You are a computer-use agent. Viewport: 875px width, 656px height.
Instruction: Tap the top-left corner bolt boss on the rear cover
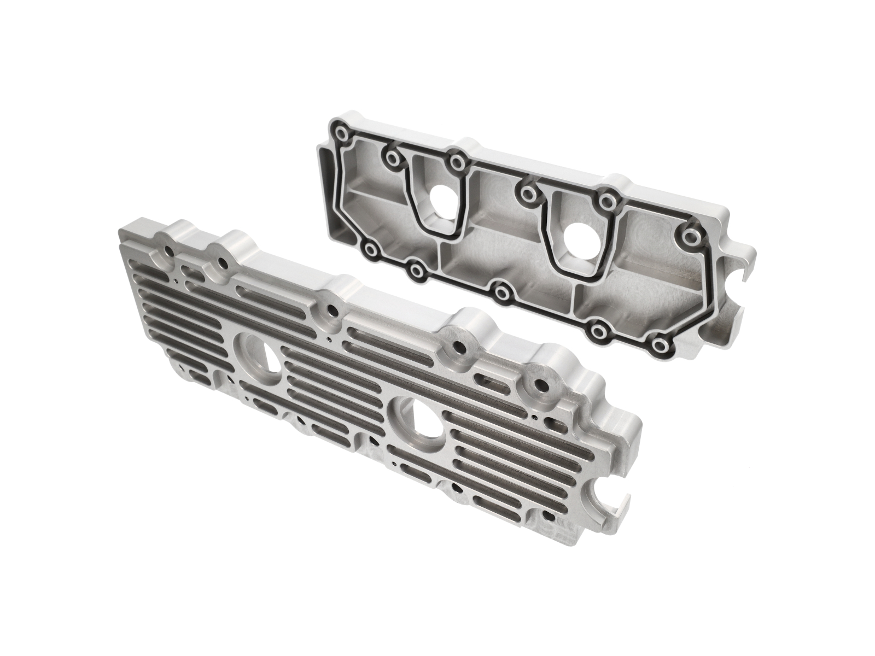click(x=343, y=134)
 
